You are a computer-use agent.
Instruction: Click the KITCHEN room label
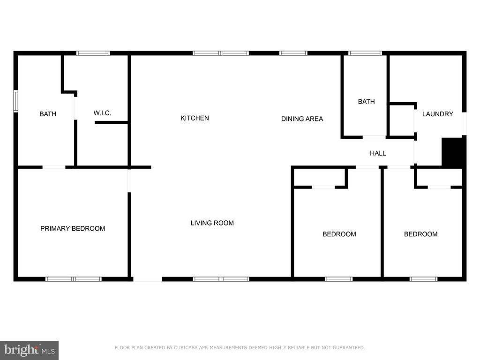coord(195,118)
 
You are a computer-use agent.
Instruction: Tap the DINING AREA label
coord(302,119)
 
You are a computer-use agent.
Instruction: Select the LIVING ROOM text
coord(212,223)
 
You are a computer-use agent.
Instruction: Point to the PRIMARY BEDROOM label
coord(73,229)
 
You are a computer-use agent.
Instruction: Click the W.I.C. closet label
coord(102,113)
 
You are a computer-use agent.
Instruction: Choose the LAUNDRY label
coord(437,114)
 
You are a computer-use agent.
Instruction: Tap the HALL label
coord(378,153)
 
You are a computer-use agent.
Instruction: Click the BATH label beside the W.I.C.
coord(48,114)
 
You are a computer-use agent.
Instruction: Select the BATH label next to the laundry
coord(366,101)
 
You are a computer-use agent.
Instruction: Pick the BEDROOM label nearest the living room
coord(339,234)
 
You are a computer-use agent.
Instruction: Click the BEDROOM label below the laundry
coord(420,234)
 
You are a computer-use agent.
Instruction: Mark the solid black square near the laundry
coord(453,152)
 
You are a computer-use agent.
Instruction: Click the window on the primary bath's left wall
coord(15,101)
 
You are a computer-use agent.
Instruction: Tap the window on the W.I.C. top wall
coord(93,53)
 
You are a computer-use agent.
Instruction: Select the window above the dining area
coord(293,53)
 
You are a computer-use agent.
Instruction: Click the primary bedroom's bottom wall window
coord(74,279)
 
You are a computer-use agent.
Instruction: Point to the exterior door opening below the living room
coord(147,279)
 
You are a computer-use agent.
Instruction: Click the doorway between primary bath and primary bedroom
coord(54,167)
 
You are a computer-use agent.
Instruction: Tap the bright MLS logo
coord(29,350)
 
